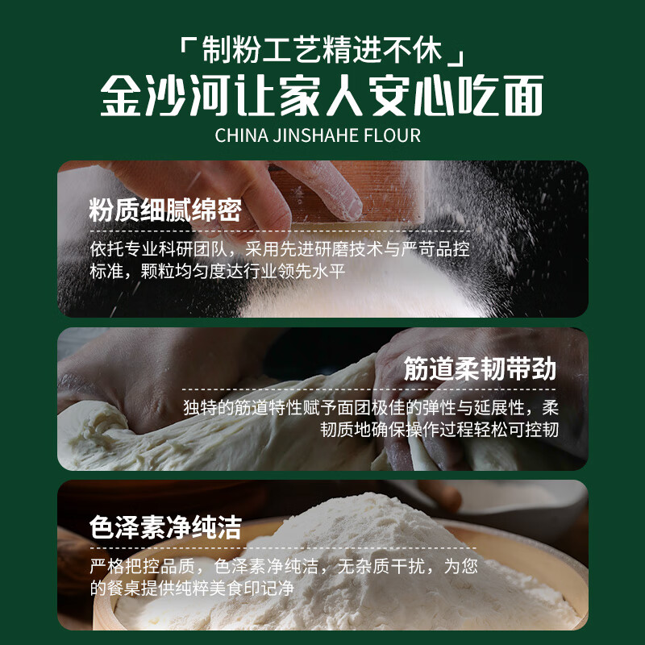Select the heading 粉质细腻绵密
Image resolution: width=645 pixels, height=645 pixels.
[165, 211]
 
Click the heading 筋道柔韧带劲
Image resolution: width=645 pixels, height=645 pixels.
[481, 370]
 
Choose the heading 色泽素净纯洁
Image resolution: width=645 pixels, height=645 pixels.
[165, 528]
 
